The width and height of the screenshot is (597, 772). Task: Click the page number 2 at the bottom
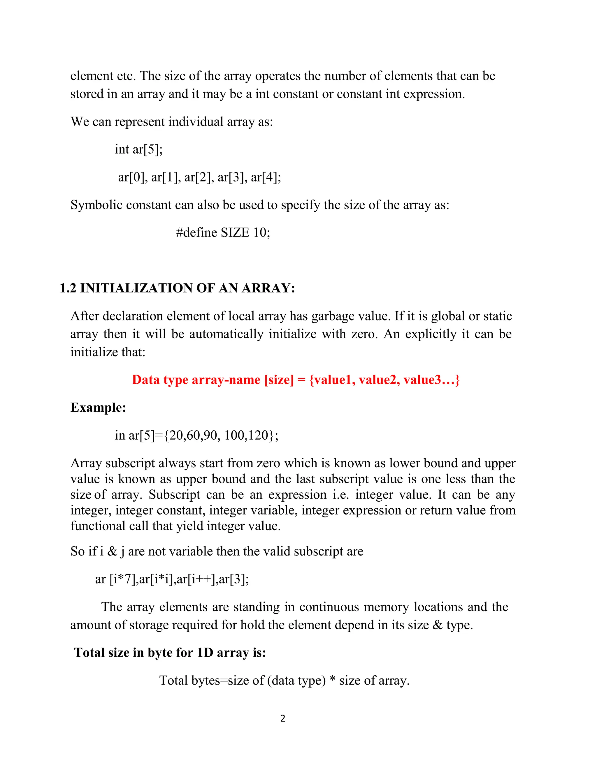tap(282, 718)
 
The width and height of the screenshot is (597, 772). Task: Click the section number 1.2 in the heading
tap(68, 288)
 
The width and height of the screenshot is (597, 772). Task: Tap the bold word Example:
tap(98, 407)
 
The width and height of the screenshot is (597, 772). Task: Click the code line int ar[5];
tap(139, 149)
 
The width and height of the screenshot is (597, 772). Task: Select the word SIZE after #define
tap(235, 232)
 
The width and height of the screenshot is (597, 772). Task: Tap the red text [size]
tap(279, 380)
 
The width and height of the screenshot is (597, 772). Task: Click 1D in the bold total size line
tap(205, 653)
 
